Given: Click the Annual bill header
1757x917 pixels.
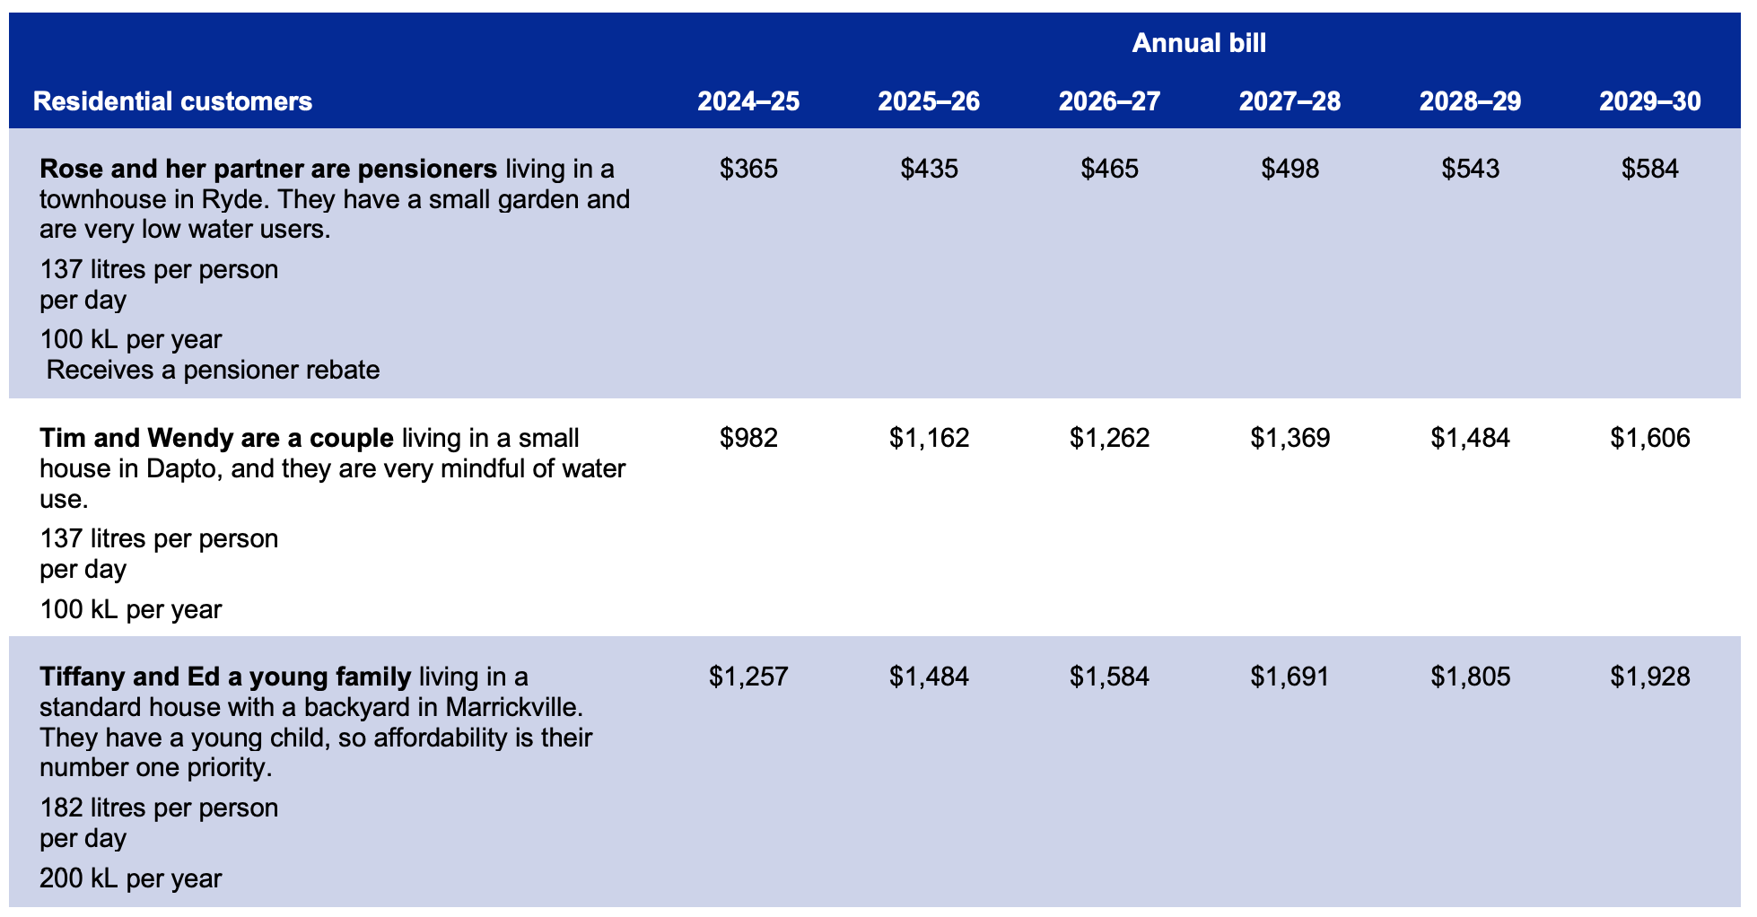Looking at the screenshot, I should (1198, 43).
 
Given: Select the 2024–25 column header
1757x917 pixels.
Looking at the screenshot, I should (748, 101).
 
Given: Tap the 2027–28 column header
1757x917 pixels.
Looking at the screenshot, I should (1289, 101).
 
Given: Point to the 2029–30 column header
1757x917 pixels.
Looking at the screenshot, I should (1649, 101).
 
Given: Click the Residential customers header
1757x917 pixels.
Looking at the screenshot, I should (172, 101).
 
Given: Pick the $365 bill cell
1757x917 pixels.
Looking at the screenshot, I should (748, 169).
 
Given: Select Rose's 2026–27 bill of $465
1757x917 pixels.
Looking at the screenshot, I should (1109, 169).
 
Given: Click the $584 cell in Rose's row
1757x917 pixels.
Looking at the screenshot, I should (1649, 169).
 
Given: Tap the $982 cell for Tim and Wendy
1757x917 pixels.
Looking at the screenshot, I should (748, 438).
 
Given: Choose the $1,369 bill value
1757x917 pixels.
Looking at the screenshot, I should (1289, 438).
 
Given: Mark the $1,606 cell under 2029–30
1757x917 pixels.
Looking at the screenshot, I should (1649, 438).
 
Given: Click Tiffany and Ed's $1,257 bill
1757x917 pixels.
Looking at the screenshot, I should (748, 676).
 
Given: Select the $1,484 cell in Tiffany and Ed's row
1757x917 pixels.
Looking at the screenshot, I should (929, 676).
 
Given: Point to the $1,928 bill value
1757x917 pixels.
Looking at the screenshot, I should (1649, 676).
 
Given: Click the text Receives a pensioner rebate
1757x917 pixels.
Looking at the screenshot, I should (213, 370).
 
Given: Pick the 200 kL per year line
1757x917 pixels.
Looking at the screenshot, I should (130, 878).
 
